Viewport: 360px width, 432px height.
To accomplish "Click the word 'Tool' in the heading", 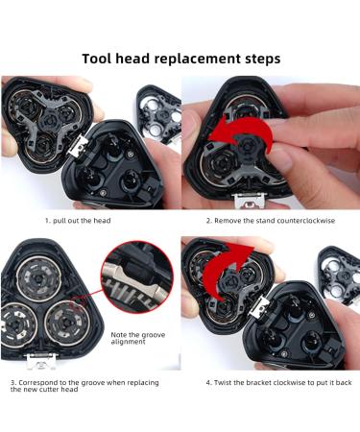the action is pos(96,59).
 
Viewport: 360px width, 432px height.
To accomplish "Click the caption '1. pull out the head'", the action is pos(78,221).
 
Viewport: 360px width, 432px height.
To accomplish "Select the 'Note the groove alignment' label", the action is pos(138,338).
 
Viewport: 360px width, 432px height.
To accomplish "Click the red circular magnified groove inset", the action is pos(137,277).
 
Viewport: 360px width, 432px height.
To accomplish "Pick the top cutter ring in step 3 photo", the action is pos(38,279).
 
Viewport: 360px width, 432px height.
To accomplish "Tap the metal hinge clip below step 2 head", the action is pos(250,200).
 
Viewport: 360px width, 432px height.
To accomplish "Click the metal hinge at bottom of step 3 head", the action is pos(41,361).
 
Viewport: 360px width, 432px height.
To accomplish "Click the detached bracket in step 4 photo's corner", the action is pos(339,276).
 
